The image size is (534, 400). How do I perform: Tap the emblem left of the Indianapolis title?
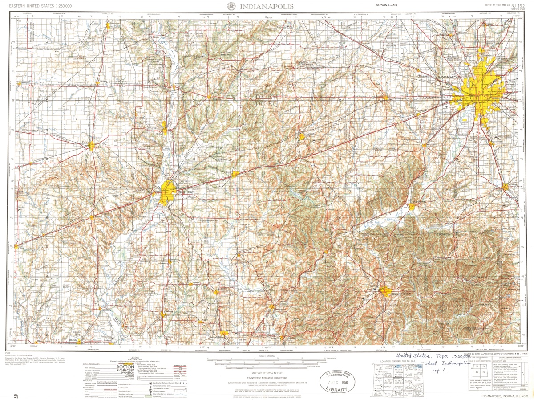(231, 6)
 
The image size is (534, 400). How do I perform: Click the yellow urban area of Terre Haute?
(169, 192)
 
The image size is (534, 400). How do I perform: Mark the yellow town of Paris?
(92, 145)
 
